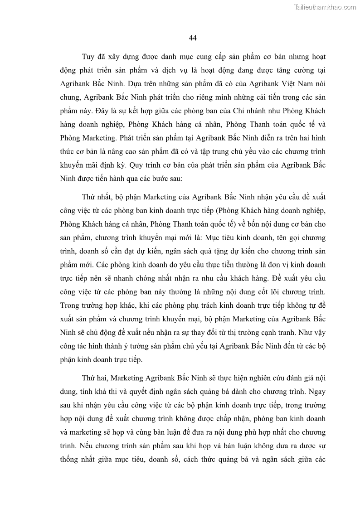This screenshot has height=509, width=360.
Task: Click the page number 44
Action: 192,38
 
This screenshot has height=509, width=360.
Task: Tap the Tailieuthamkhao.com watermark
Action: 325,7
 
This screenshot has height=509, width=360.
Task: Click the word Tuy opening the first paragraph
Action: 88,57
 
